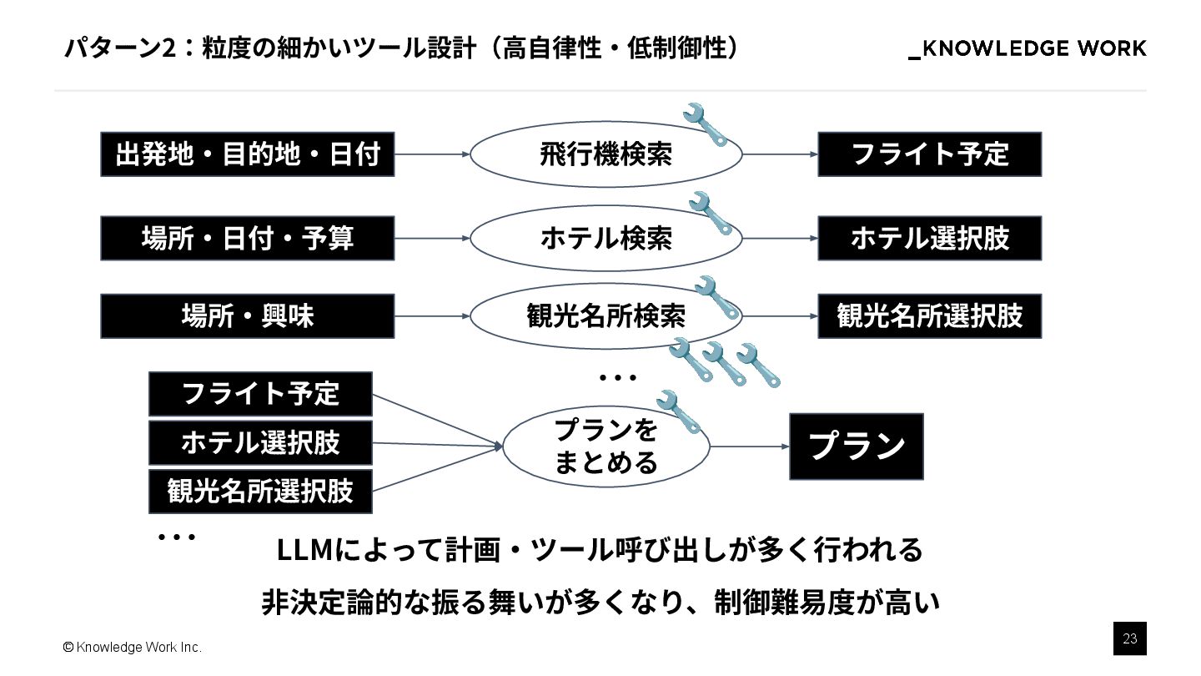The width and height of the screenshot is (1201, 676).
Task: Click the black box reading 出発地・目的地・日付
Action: [247, 154]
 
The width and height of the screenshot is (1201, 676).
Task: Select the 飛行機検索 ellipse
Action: [606, 154]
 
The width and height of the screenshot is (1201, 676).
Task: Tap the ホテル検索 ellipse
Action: [606, 239]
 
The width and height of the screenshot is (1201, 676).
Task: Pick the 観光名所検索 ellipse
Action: [606, 316]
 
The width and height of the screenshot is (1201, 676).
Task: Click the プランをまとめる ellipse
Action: [606, 446]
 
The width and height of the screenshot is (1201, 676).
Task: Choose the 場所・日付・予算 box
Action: [247, 239]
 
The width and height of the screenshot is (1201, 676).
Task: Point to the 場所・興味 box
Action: [247, 316]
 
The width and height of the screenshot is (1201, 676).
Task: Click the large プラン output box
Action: [856, 446]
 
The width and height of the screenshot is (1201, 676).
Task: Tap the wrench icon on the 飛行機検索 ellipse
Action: [705, 124]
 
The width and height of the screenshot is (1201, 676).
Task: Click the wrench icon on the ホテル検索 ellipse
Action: [710, 212]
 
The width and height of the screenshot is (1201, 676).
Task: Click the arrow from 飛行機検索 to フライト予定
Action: [779, 154]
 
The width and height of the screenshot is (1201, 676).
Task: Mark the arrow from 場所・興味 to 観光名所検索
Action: [432, 316]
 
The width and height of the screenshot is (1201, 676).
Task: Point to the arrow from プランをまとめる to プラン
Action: [749, 446]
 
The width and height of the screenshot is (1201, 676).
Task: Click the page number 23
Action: [1130, 639]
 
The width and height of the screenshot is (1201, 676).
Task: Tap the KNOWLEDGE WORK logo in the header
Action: [1028, 48]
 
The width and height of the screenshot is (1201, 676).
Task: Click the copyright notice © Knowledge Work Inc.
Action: [132, 648]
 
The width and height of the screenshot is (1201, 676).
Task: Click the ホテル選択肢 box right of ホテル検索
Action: [929, 239]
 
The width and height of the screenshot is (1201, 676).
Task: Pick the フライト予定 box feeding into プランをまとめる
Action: [260, 394]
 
